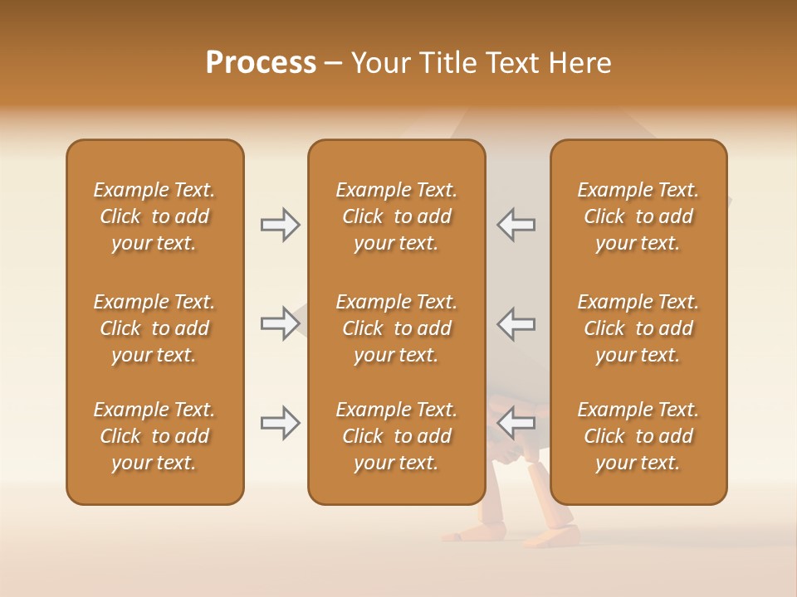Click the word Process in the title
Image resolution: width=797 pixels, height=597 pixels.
(x=261, y=63)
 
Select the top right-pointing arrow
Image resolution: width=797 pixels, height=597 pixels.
(x=280, y=225)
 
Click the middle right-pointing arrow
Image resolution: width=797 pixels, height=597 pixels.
(x=280, y=323)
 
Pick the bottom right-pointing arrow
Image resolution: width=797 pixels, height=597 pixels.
(x=280, y=423)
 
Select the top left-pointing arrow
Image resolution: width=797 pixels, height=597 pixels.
(x=516, y=225)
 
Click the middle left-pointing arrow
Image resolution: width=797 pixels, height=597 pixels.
(x=516, y=323)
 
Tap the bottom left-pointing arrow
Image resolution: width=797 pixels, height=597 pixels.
(x=516, y=423)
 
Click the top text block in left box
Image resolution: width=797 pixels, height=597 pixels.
(x=154, y=216)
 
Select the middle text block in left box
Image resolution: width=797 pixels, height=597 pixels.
(x=154, y=328)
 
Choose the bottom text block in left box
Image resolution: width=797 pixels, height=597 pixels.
(x=154, y=436)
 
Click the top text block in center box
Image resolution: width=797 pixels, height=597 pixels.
(x=396, y=216)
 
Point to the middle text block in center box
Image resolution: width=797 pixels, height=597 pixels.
(x=396, y=328)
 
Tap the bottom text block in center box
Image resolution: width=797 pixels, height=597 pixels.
(x=396, y=436)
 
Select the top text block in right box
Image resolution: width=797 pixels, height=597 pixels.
(x=638, y=216)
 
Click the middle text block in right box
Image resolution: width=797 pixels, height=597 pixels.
(x=638, y=328)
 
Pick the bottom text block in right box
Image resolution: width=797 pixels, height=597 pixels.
(x=638, y=436)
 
